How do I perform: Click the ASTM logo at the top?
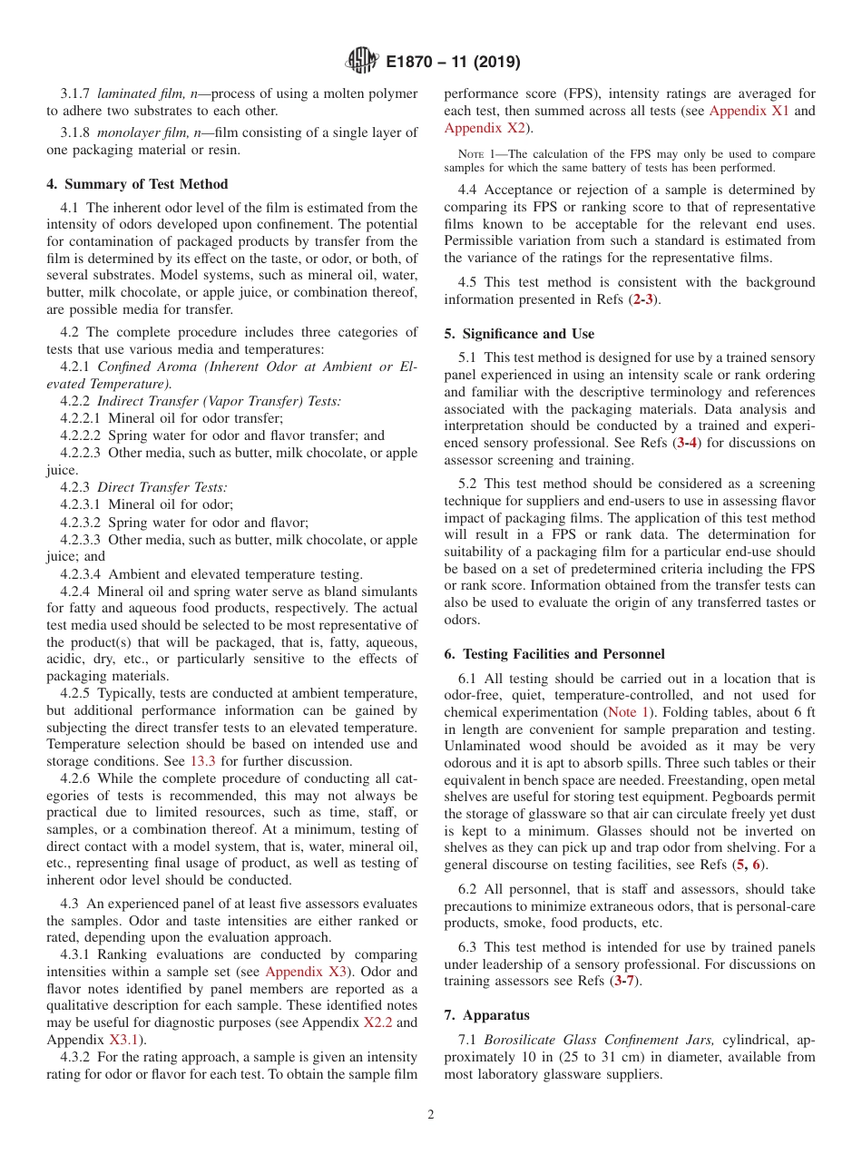(x=362, y=62)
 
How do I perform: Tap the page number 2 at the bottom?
(x=431, y=1114)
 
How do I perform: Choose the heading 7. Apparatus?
(x=486, y=1014)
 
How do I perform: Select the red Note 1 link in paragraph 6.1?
(x=622, y=712)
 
